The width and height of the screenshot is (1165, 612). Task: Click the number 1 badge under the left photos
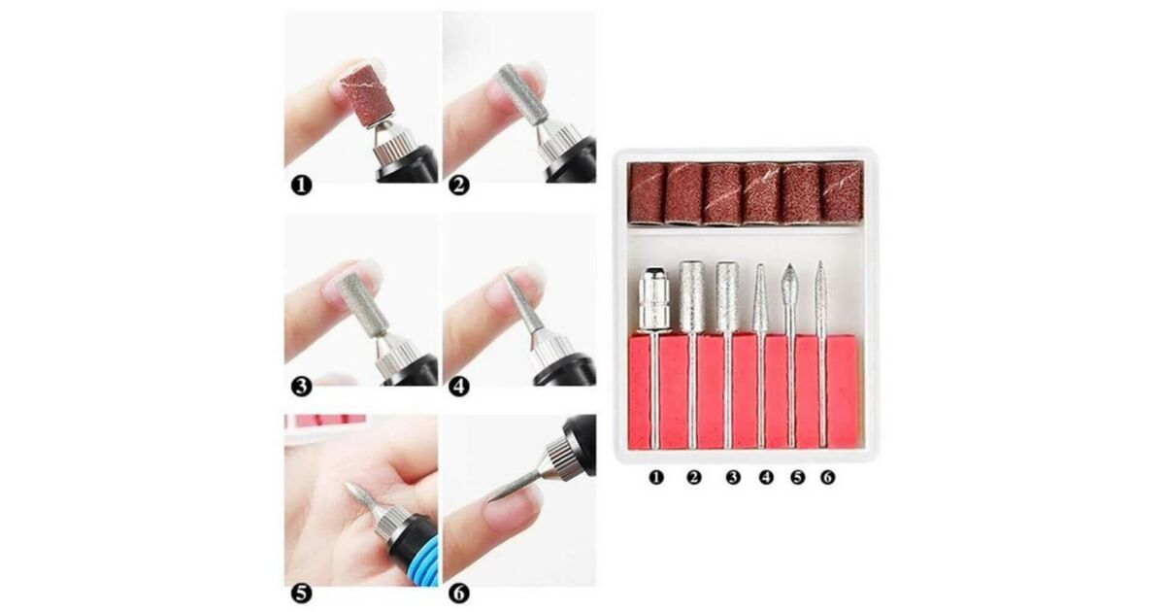[x=301, y=186]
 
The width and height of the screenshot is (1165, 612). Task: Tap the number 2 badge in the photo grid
[x=458, y=186]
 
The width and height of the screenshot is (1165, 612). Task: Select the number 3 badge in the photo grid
[x=301, y=388]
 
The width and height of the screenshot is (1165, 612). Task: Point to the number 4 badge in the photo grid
[x=458, y=388]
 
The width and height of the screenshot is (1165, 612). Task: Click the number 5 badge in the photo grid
[x=301, y=594]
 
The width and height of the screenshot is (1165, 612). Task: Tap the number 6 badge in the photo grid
[x=458, y=594]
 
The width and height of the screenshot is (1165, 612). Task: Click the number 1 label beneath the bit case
[x=656, y=477]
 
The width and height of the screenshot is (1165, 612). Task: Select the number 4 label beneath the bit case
[x=766, y=477]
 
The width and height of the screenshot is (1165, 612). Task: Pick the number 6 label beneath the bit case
[x=828, y=477]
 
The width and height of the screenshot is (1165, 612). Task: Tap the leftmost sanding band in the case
[x=647, y=193]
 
